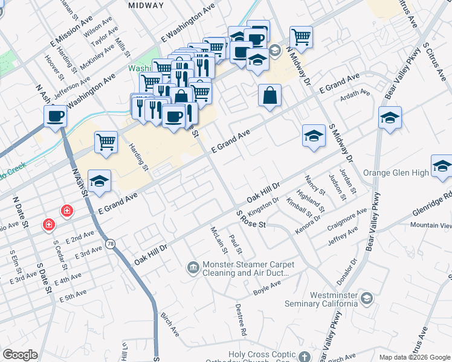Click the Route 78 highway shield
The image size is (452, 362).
tap(110, 244)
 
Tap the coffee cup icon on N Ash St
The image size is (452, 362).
tap(55, 115)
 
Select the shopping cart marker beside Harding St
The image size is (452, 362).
tap(106, 142)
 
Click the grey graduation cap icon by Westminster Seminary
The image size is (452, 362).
tap(366, 298)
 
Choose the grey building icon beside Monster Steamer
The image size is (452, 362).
tap(193, 267)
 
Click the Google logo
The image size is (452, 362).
tap(20, 355)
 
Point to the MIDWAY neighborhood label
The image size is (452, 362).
tap(146, 5)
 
